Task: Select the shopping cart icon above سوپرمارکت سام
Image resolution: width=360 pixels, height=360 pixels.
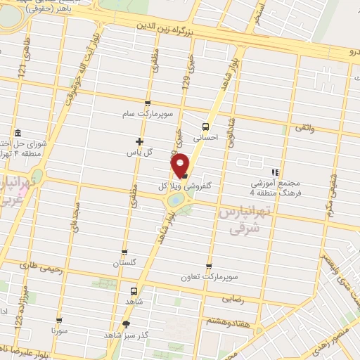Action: tap(147, 103)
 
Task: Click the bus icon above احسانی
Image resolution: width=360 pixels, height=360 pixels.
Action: tap(205, 127)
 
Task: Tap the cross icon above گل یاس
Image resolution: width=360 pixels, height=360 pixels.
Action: tap(139, 141)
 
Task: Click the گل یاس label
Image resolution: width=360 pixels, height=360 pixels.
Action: tap(139, 153)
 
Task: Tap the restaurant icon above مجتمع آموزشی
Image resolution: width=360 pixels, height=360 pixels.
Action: tap(275, 172)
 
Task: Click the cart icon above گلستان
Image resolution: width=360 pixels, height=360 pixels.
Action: tap(125, 252)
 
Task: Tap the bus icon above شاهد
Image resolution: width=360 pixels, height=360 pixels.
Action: tap(133, 290)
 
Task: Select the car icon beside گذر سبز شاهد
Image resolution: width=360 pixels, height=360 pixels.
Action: tap(126, 324)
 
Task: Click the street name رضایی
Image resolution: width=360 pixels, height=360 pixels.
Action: tap(234, 299)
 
